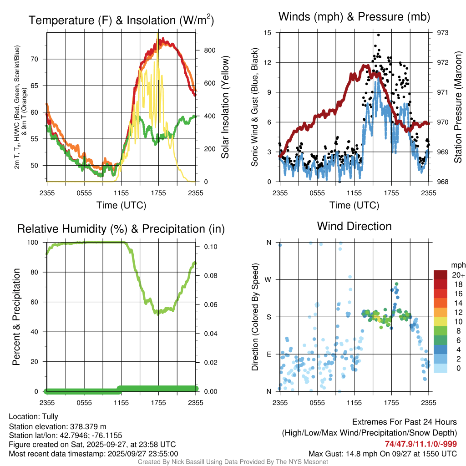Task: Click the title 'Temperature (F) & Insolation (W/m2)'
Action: [121, 20]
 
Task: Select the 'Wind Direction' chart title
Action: [354, 226]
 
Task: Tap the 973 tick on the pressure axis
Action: [442, 33]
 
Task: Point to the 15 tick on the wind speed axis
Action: [268, 33]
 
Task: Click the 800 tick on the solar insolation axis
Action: [209, 50]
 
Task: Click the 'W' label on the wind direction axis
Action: [268, 279]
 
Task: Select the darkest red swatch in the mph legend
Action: [440, 274]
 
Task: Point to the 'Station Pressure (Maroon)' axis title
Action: [458, 107]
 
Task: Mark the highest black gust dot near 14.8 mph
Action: [378, 35]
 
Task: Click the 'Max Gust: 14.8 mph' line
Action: [383, 453]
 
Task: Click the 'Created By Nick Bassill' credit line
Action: [233, 462]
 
